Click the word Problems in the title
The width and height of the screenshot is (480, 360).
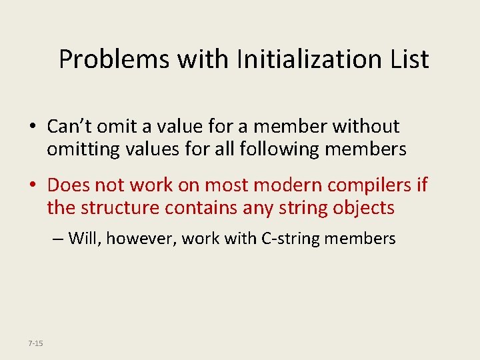113,59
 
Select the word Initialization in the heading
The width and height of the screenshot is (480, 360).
300,59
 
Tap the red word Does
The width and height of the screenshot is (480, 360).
69,185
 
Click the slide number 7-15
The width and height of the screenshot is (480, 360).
35,343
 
